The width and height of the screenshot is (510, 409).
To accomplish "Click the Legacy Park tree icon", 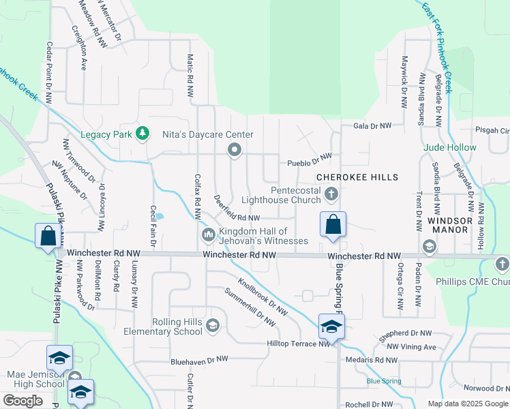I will (x=142, y=134).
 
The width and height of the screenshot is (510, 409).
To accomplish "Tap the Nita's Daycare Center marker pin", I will (x=235, y=149).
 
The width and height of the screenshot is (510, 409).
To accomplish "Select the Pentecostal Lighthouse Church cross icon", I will (x=331, y=194).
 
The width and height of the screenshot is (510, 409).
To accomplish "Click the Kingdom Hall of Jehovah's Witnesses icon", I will (x=209, y=236).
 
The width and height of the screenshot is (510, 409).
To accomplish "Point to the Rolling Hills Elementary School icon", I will (x=213, y=326).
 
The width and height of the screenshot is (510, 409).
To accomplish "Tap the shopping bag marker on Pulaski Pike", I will (x=48, y=236).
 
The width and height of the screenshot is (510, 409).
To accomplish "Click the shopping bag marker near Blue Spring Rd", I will (x=333, y=224).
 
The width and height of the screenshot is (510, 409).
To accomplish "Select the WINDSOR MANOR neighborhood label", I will (x=448, y=225).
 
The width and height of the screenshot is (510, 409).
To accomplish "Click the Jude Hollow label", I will (x=450, y=147).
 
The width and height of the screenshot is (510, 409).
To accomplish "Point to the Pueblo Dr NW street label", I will (x=309, y=160).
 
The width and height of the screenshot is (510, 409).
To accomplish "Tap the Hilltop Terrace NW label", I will (x=299, y=344).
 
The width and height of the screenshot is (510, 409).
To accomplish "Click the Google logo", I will (x=22, y=401).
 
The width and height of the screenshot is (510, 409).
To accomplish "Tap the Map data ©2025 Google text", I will (x=467, y=404).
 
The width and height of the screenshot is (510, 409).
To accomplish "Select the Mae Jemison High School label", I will (x=35, y=380).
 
